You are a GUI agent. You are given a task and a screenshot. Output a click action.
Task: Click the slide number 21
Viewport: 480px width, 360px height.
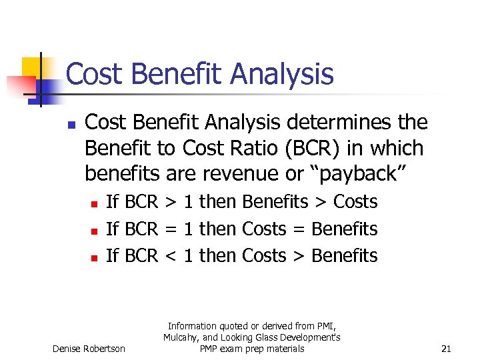pos(447,349)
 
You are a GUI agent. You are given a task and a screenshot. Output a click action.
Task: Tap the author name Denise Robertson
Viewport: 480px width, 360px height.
pos(89,349)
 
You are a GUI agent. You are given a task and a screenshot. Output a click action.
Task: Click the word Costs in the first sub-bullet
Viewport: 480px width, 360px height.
pos(355,202)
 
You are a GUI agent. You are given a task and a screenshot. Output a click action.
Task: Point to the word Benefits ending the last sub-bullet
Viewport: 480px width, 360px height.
pos(345,256)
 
